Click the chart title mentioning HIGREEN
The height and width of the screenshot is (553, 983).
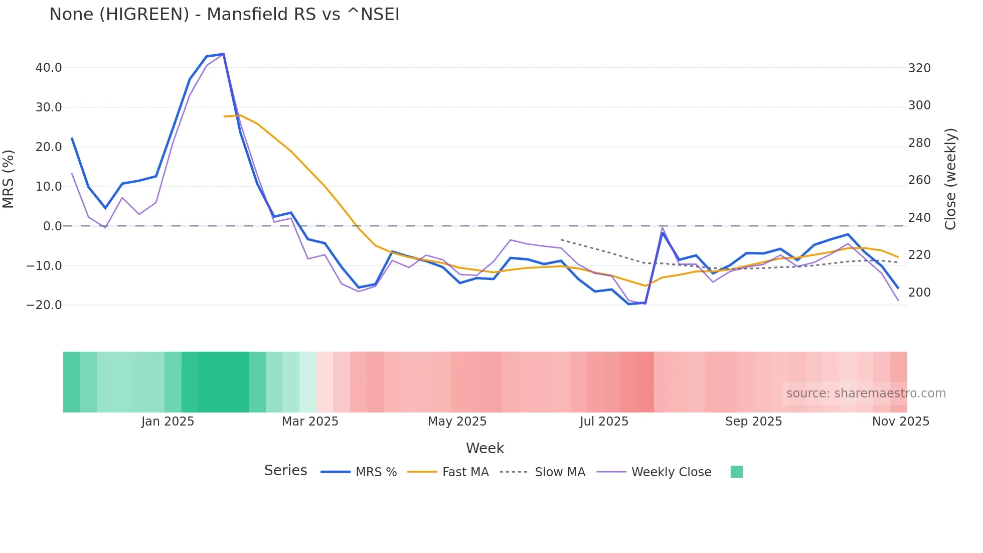224,15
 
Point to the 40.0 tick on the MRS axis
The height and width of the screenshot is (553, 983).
49,68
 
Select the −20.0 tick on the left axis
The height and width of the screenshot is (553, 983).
44,305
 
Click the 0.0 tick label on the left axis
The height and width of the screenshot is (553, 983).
52,226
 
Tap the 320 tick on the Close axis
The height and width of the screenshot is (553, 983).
919,68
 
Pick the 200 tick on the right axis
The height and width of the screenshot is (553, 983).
919,293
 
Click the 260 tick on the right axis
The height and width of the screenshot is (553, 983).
919,180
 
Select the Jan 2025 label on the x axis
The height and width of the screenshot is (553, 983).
168,422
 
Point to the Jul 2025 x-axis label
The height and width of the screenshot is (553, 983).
604,422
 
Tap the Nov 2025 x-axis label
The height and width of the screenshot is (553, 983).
900,422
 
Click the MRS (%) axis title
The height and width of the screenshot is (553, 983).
9,179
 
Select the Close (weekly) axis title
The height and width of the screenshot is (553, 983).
950,179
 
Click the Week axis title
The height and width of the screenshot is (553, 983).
484,448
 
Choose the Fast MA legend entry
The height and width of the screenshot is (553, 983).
465,472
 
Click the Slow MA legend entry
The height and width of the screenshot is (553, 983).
560,472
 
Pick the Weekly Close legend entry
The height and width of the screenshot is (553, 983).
671,472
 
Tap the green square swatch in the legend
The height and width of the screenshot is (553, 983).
736,472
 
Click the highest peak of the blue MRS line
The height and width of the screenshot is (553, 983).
223,54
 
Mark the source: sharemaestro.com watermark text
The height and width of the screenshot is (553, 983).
866,393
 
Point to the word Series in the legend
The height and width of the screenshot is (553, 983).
285,471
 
